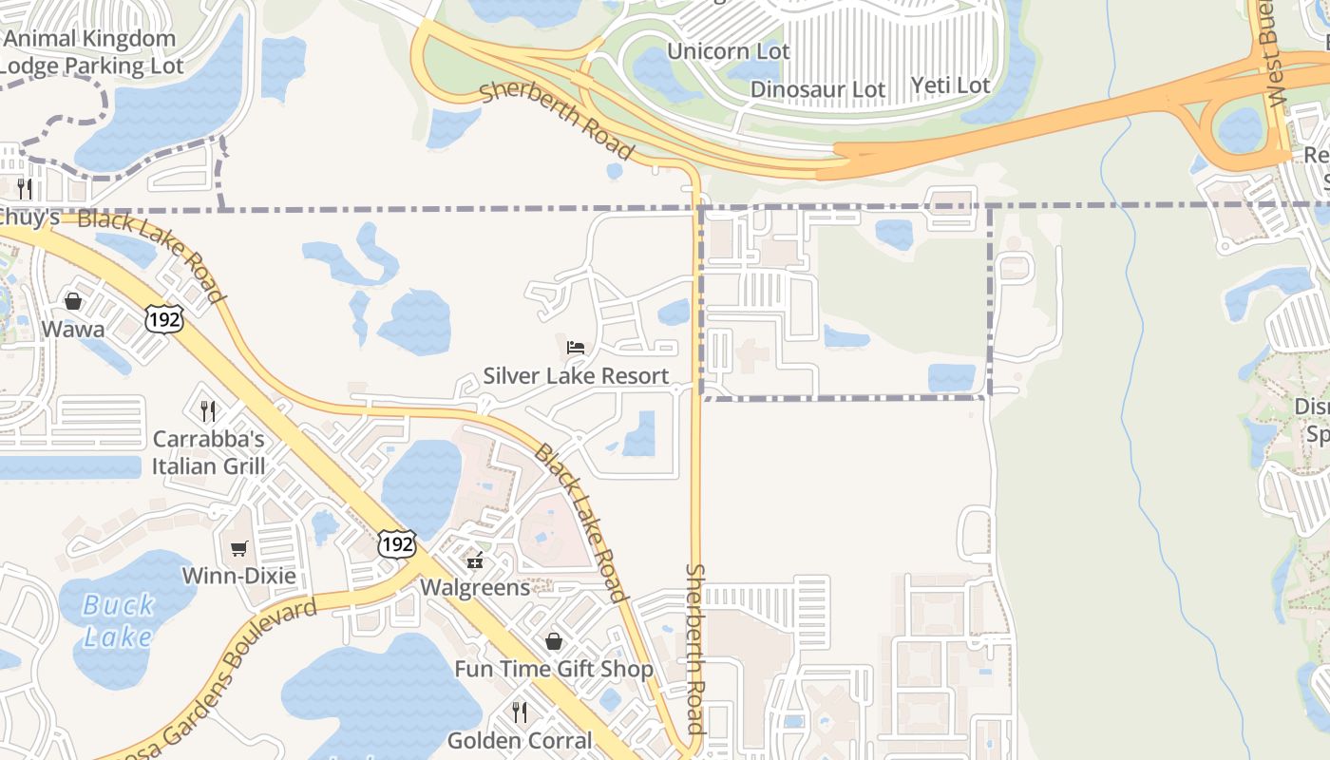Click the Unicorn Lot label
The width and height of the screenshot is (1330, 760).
coord(728,51)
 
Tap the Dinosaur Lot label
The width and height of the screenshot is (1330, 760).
coord(818,89)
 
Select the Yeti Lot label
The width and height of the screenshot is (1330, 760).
coord(950,85)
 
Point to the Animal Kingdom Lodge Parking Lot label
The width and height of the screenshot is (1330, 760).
coord(91,52)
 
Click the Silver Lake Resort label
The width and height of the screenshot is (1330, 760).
coord(576,376)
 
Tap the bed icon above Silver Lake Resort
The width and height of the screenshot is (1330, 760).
coord(576,348)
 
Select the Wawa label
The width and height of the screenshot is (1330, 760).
coord(73,330)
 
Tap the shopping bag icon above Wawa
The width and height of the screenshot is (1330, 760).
coord(73,301)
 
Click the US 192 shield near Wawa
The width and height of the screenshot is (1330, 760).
coord(163,318)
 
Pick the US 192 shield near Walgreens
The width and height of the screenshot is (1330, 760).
coord(395,543)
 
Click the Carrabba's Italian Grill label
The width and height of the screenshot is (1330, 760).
coord(208,453)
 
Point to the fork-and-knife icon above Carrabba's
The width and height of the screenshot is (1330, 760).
coord(208,411)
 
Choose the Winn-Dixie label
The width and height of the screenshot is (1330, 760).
coord(238,577)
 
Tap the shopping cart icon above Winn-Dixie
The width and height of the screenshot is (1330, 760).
coord(238,548)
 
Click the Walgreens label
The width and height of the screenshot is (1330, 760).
coord(475,587)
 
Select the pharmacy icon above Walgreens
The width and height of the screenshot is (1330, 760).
coord(475,560)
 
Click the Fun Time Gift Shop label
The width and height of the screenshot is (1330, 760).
coord(554,669)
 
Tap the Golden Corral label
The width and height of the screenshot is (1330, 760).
coord(520,740)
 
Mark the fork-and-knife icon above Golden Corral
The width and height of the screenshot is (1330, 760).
coord(520,712)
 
